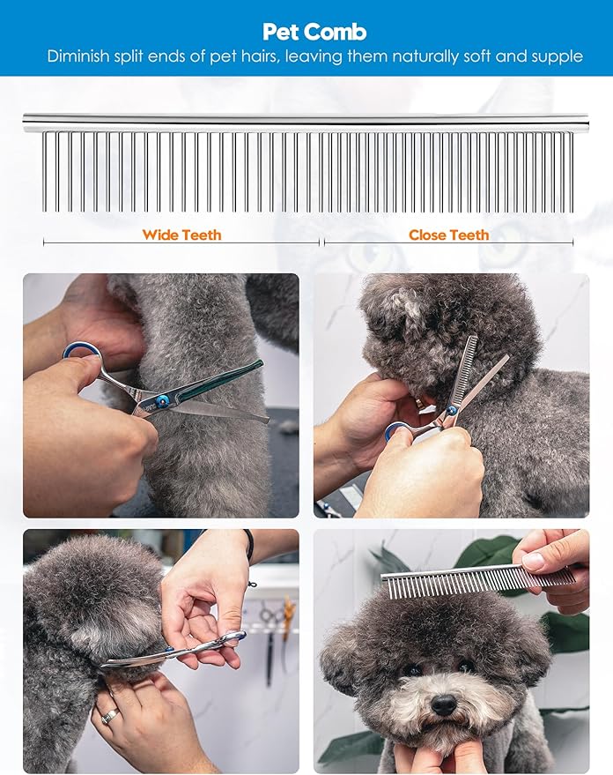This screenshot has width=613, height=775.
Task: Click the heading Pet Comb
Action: pyautogui.click(x=314, y=32)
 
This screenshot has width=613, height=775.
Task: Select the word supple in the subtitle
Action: pyautogui.click(x=557, y=56)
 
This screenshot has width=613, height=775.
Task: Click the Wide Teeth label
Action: pyautogui.click(x=181, y=235)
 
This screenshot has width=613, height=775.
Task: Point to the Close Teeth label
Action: pyautogui.click(x=448, y=235)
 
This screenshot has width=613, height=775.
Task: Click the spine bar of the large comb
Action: pyautogui.click(x=306, y=121)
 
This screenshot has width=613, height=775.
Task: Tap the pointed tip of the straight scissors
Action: pyautogui.click(x=267, y=421)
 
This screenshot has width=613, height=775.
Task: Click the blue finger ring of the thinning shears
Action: pyautogui.click(x=397, y=431)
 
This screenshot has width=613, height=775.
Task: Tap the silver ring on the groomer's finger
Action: pyautogui.click(x=110, y=716)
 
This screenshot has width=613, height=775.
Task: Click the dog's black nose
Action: pyautogui.click(x=444, y=704)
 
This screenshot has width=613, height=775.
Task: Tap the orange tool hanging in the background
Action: pyautogui.click(x=287, y=608)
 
